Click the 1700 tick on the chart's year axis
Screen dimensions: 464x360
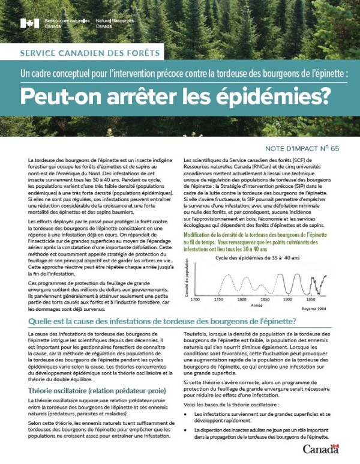[x=196, y=298]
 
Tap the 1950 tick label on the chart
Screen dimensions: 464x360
[x=311, y=298]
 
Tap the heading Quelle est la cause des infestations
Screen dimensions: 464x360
[x=163, y=322]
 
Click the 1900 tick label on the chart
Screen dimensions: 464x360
[x=288, y=298]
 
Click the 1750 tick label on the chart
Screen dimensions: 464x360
[x=218, y=298]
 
